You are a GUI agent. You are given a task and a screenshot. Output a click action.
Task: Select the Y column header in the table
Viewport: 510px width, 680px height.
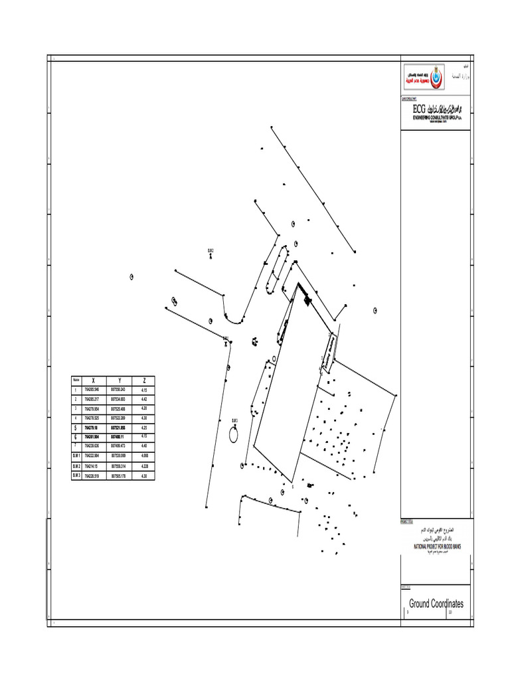tap(118, 380)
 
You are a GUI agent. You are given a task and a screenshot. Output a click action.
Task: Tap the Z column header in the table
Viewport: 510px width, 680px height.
tap(144, 380)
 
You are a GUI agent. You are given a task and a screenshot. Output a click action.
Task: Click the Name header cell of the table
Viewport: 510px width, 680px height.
tap(76, 380)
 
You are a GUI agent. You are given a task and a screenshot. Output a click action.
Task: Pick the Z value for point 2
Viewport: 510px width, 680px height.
tap(144, 398)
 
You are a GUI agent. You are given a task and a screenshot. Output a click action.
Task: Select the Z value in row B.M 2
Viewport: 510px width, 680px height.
tap(144, 466)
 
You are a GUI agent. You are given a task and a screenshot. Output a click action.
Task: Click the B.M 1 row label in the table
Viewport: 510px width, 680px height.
tap(76, 456)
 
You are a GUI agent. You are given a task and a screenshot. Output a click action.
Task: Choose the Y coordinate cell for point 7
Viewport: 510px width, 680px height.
tap(118, 447)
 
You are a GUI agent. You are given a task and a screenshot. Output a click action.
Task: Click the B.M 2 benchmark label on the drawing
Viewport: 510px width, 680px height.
tap(211, 250)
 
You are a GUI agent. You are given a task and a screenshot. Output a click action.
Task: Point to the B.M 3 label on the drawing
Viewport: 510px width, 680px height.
tap(234, 420)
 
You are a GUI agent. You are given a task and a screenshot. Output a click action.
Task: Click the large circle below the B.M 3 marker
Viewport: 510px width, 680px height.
tap(234, 435)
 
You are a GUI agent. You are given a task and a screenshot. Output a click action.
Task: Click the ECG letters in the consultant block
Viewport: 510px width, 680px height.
tap(419, 109)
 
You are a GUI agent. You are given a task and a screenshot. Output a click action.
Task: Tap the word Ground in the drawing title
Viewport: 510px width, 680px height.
tap(420, 604)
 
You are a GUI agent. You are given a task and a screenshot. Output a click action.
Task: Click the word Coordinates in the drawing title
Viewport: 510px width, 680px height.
tap(448, 604)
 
